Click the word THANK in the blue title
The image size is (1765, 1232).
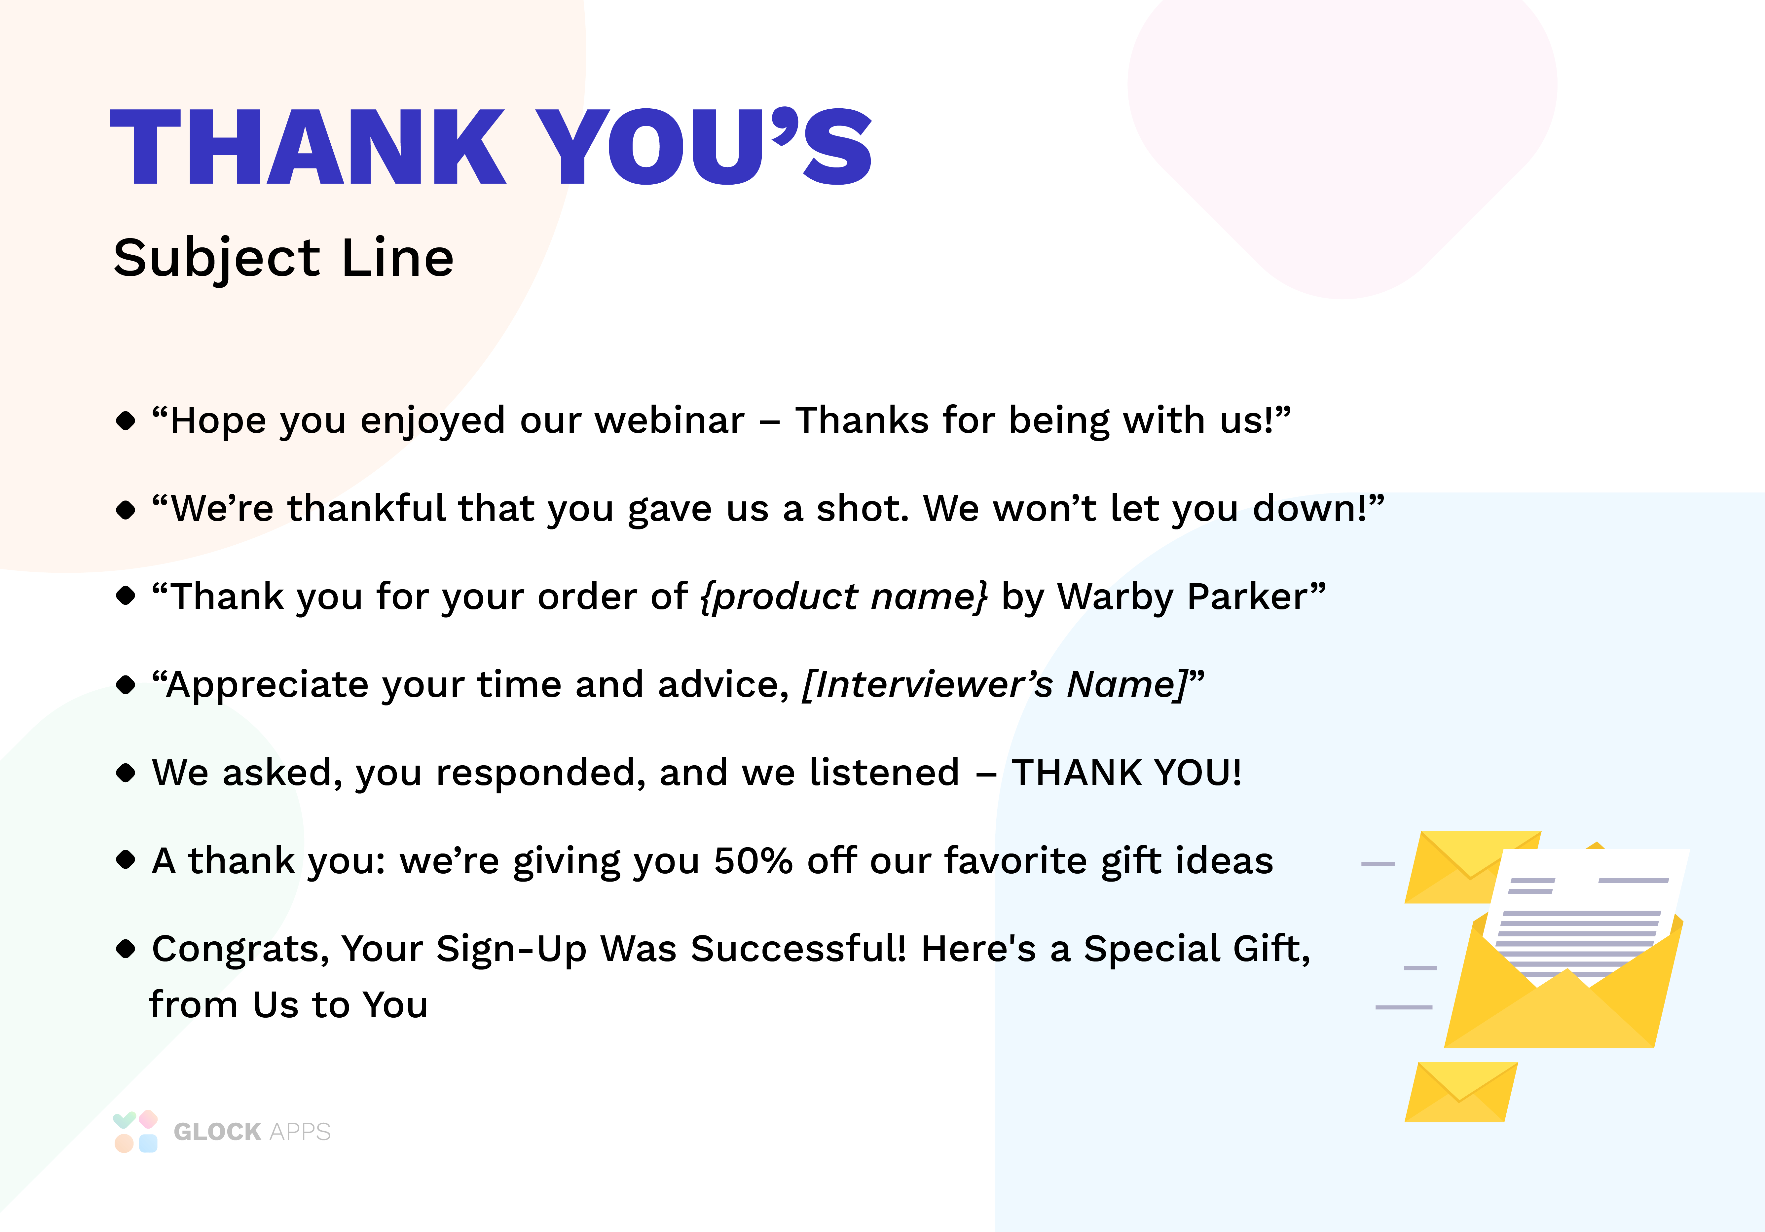308,148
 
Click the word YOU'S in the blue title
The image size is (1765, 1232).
703,148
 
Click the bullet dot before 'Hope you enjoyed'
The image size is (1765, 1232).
125,421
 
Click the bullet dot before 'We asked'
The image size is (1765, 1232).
125,773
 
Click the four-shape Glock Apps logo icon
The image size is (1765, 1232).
135,1131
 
